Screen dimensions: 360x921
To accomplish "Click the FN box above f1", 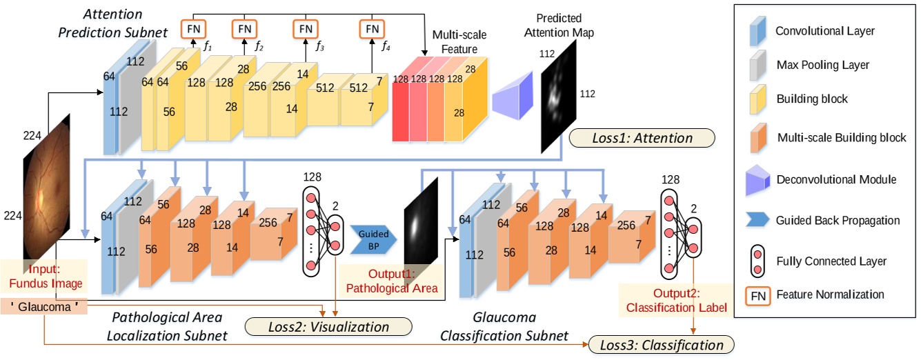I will coord(192,28).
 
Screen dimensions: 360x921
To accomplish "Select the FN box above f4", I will coord(371,28).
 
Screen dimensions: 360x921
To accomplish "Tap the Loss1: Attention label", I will coord(642,138).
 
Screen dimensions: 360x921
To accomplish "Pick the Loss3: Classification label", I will coord(662,344).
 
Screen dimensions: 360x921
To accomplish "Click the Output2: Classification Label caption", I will coord(676,301).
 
